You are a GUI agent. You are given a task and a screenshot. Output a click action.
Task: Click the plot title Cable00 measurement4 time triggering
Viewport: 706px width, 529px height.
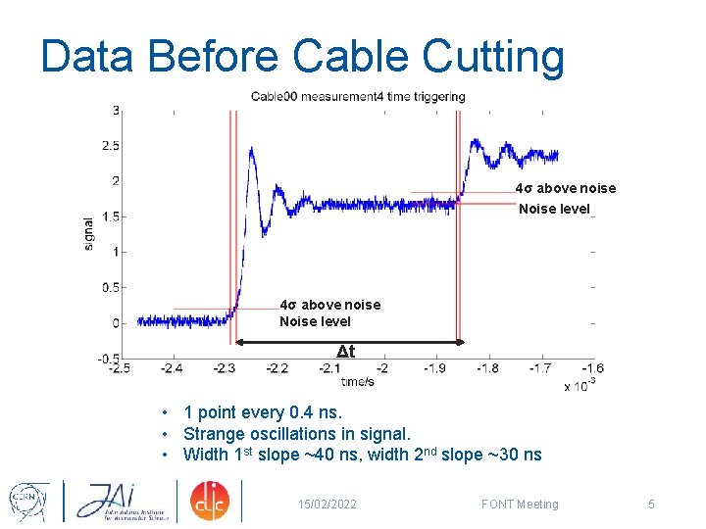(x=358, y=96)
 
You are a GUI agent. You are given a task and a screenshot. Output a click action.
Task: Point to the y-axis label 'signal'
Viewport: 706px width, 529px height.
(x=90, y=235)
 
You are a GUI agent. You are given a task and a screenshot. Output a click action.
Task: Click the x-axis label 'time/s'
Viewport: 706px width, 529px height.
(x=358, y=381)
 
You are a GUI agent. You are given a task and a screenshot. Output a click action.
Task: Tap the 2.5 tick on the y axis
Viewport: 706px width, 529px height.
(x=110, y=146)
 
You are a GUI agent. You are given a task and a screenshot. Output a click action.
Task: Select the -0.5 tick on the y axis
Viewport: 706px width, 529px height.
(x=108, y=359)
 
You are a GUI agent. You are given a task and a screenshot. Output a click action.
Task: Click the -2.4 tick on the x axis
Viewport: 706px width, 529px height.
(x=173, y=368)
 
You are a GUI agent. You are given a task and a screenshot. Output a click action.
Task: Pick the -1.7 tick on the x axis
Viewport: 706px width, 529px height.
(x=539, y=368)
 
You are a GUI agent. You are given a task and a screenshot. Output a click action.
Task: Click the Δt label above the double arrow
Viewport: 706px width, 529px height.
(x=345, y=352)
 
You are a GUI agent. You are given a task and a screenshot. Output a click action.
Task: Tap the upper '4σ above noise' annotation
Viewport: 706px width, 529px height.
(x=566, y=188)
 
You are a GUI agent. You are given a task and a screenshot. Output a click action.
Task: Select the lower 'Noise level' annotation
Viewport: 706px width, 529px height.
(x=315, y=321)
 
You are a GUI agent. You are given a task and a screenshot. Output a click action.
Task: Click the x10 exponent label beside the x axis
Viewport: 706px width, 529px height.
(x=580, y=385)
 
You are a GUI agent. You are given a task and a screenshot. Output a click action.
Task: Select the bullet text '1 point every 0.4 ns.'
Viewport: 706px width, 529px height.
(x=262, y=413)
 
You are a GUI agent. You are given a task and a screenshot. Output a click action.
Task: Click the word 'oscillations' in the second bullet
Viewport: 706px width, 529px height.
(x=290, y=434)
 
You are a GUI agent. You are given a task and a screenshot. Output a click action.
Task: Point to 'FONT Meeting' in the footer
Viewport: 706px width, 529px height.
(x=520, y=505)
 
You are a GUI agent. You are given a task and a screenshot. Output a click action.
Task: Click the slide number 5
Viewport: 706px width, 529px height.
(x=650, y=505)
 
